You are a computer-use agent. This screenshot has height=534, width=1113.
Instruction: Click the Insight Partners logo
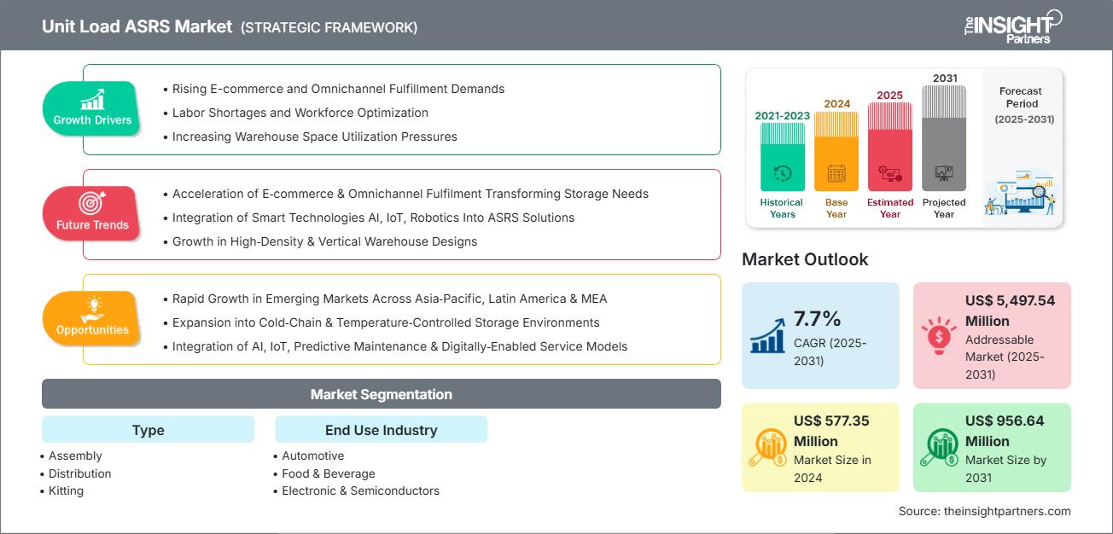point(1011,26)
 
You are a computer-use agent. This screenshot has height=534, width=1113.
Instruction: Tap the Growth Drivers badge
point(92,109)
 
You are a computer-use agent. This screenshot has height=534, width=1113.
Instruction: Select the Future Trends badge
point(92,214)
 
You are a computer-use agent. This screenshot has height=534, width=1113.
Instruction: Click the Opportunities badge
point(92,319)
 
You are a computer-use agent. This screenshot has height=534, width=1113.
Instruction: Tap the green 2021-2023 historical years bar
point(782,157)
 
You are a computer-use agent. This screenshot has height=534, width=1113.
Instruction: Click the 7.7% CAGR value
point(818,319)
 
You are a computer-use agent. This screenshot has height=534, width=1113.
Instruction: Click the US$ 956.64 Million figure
point(1005,431)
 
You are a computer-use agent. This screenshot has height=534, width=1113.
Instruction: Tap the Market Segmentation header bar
point(381,394)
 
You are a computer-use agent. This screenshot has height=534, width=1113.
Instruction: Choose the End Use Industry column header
point(381,430)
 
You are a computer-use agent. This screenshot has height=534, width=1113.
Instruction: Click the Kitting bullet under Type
point(67,490)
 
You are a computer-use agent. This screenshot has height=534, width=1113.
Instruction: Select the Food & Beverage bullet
point(329,473)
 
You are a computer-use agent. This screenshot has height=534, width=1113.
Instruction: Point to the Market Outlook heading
point(805,259)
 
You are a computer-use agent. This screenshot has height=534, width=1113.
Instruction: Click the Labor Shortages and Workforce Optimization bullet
point(300,113)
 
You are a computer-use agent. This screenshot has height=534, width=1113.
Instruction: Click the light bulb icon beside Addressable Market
point(938,336)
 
